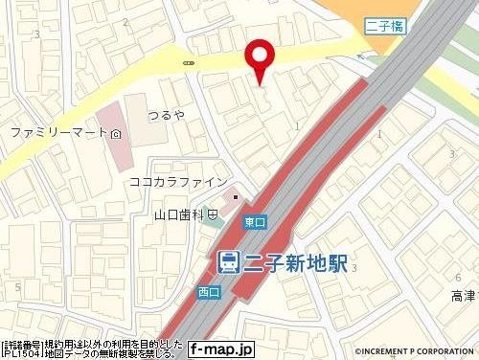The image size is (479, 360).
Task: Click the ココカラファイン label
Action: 177,181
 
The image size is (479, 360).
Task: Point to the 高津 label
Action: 462,298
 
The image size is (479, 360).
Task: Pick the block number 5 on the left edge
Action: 17,286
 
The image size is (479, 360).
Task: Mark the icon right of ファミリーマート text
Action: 116,133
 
